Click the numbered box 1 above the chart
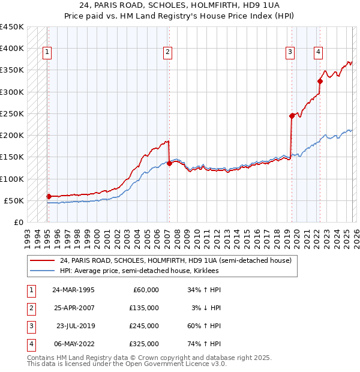(47, 52)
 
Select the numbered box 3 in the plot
(290, 52)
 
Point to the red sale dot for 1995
(49, 196)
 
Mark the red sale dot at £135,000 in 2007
(169, 163)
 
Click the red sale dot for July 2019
(292, 116)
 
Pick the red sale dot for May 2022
(320, 81)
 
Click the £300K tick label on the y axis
(12, 92)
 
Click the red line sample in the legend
(42, 260)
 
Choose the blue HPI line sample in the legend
(42, 271)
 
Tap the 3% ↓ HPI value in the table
(206, 308)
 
